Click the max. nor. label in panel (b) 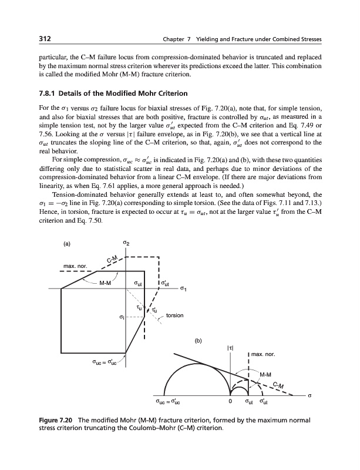(x=263, y=354)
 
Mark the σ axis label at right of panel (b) (x=309, y=395)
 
